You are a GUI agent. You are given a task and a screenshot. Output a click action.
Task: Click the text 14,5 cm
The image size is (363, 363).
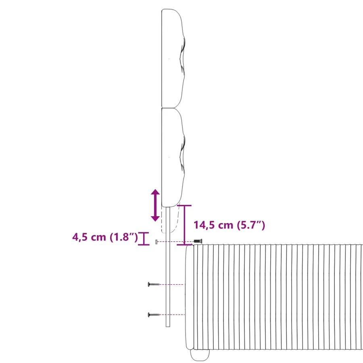coord(213,225)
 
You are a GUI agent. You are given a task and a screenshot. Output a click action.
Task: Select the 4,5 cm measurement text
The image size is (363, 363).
coord(89,237)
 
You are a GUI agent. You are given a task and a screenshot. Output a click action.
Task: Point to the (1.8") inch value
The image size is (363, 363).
coord(124,237)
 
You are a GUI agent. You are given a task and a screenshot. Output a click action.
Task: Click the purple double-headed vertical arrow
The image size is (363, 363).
coord(155,205)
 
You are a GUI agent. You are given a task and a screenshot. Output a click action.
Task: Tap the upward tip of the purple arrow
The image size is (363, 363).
coord(155,189)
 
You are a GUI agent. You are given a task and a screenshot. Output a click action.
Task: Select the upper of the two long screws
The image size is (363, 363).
coord(154,284)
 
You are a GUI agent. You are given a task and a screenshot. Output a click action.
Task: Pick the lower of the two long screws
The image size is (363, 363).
coord(154,315)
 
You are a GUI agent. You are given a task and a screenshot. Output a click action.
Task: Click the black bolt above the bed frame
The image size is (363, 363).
coord(198,241)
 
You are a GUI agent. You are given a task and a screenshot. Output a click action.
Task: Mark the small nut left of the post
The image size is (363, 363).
coord(156,242)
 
